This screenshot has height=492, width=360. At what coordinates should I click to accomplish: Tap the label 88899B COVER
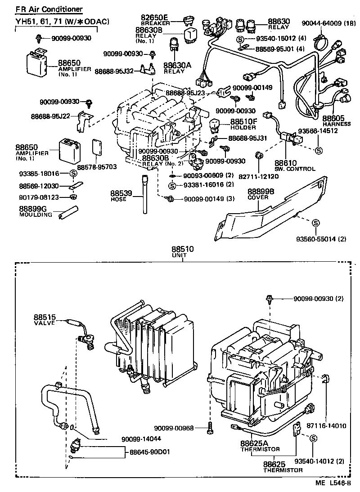click(261, 194)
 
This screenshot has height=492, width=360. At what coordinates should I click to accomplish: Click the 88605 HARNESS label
click(336, 120)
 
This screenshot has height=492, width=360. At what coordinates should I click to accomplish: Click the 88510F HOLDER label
click(243, 124)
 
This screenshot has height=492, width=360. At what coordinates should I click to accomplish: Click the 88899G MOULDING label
click(36, 211)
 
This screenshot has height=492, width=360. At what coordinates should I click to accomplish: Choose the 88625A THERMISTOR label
click(260, 445)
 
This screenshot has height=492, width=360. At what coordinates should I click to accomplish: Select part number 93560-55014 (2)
click(321, 238)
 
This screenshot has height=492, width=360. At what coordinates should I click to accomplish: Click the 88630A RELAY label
click(177, 67)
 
